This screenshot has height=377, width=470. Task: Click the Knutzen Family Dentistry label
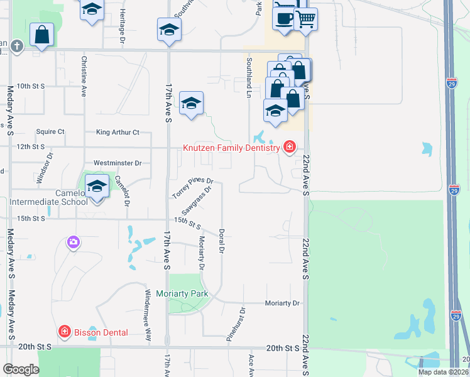pyautogui.click(x=231, y=148)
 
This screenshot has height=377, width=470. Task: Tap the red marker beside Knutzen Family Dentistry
pyautogui.click(x=289, y=148)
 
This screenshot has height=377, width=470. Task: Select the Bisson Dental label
pyautogui.click(x=101, y=332)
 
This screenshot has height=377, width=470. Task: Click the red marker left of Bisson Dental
pyautogui.click(x=64, y=332)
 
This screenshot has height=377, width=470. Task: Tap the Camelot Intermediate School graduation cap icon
pyautogui.click(x=97, y=187)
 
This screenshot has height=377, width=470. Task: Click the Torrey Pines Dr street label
pyautogui.click(x=194, y=188)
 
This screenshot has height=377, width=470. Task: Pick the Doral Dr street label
pyautogui.click(x=222, y=241)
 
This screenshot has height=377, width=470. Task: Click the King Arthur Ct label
pyautogui.click(x=117, y=133)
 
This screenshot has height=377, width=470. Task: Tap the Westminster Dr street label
pyautogui.click(x=117, y=163)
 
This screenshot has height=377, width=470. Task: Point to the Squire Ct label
pyautogui.click(x=50, y=132)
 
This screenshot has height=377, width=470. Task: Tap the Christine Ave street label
pyautogui.click(x=83, y=76)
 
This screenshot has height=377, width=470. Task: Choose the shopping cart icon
pyautogui.click(x=306, y=19)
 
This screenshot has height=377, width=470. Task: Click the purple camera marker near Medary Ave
pyautogui.click(x=74, y=242)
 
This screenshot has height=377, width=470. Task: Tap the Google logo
pyautogui.click(x=21, y=370)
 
